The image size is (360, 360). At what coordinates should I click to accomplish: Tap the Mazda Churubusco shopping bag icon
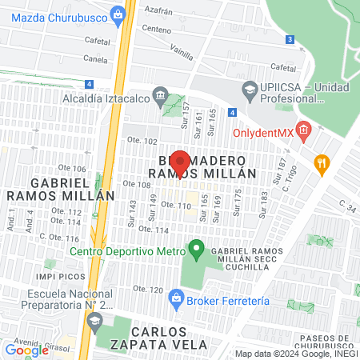[x=119, y=13]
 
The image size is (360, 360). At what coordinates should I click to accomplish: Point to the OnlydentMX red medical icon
[x=302, y=129]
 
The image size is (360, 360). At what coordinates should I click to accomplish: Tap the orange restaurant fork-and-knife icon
[x=322, y=162]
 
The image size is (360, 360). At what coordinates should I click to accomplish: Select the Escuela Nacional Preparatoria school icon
[x=94, y=320]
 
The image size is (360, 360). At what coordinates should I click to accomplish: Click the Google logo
[x=26, y=350]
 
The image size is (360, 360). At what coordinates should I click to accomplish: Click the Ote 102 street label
[x=138, y=141]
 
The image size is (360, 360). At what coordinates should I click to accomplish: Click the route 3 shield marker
[x=289, y=39]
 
